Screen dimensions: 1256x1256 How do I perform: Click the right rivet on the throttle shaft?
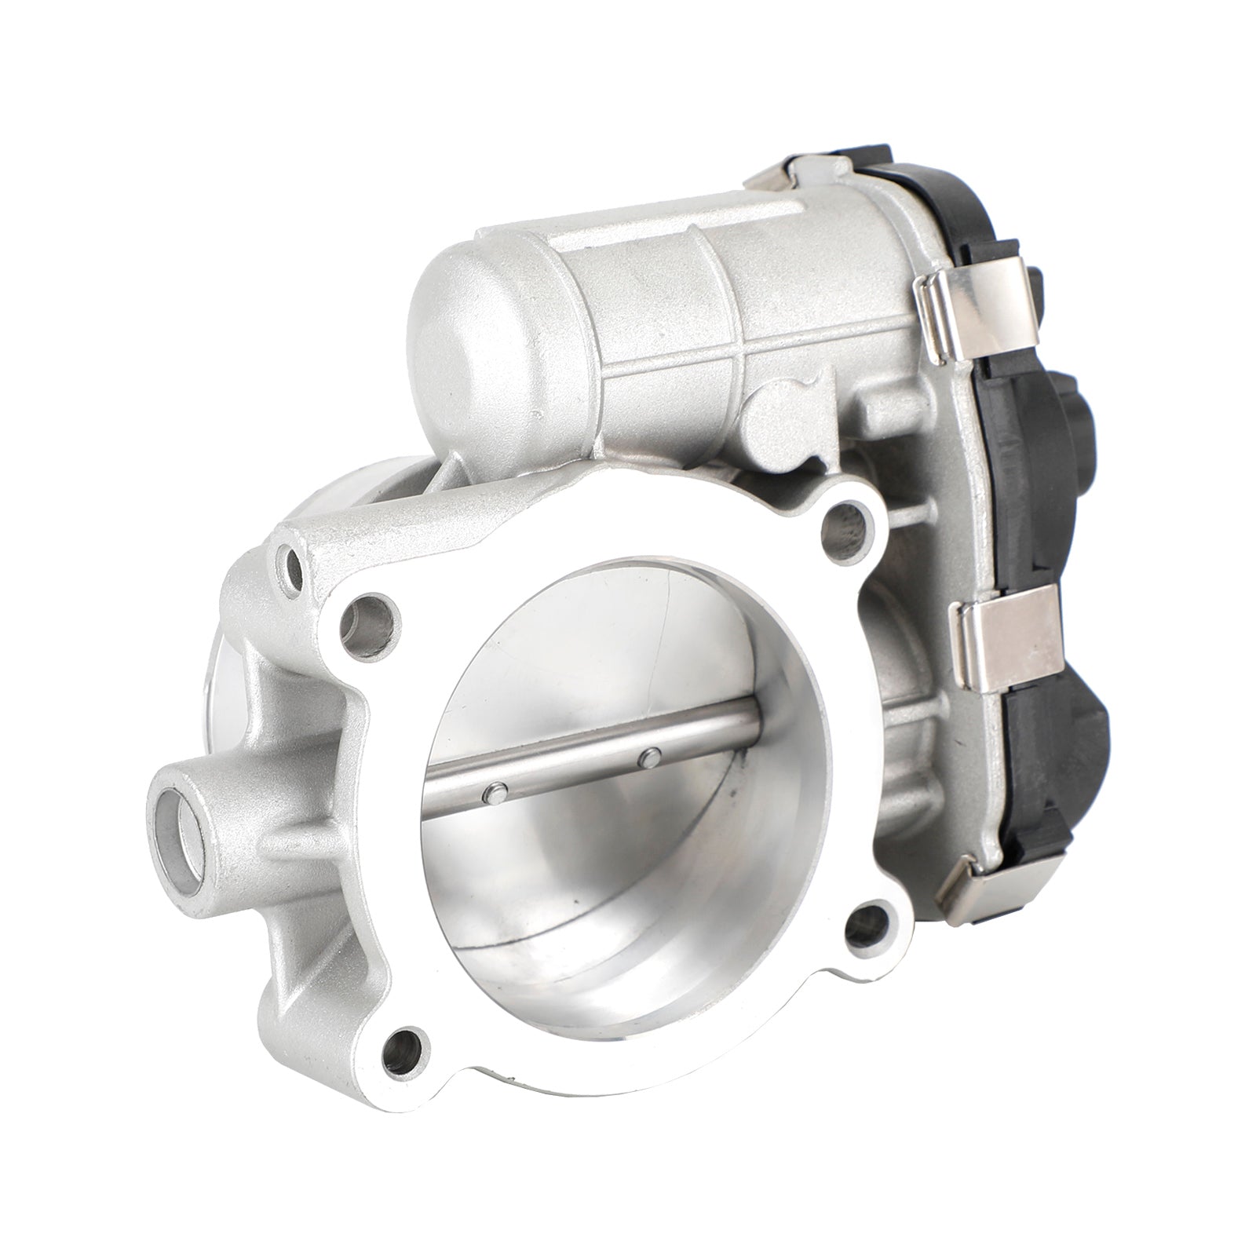[649, 757]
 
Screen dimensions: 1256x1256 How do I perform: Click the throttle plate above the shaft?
[628, 652]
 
